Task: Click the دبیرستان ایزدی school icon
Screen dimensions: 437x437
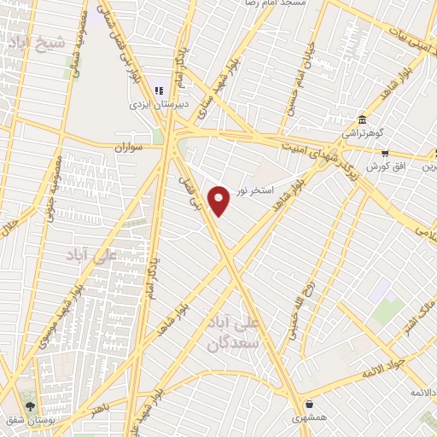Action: tap(157, 90)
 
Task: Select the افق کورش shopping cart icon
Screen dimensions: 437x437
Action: tap(385, 154)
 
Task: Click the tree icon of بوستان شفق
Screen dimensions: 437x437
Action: tap(31, 406)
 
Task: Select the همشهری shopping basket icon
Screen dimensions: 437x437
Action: tap(308, 405)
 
